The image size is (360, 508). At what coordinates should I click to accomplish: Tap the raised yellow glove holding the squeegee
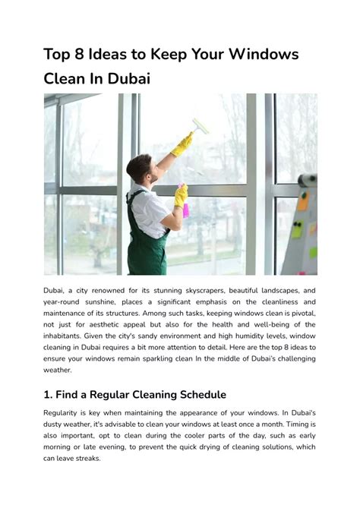[x=182, y=144]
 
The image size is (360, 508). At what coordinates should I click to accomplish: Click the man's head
[x=139, y=168]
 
